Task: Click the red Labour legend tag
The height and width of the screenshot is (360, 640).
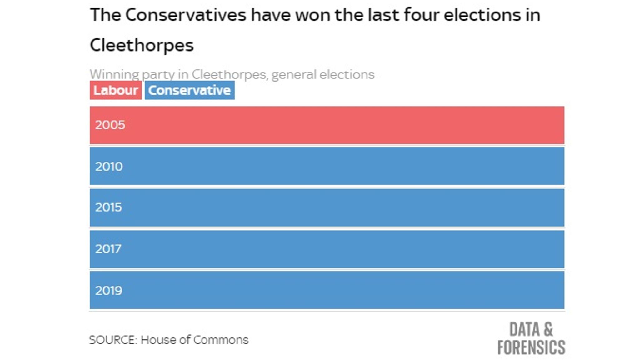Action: [116, 90]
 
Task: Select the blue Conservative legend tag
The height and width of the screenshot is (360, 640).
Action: [189, 90]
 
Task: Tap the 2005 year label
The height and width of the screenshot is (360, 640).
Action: [110, 125]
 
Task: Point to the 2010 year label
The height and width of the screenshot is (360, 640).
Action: [109, 166]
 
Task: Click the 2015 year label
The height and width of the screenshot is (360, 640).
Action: [108, 207]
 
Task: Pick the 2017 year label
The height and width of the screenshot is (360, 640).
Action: [108, 249]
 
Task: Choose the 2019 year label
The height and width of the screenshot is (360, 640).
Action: [108, 291]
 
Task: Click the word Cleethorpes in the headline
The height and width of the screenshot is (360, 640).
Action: [142, 46]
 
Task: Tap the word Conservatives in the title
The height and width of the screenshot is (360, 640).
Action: [186, 15]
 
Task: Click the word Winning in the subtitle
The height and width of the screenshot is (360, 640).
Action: [114, 75]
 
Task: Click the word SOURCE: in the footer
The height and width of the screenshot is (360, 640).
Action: [113, 340]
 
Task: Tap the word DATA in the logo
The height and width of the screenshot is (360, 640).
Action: [524, 329]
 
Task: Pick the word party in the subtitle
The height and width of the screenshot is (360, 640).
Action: [158, 75]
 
